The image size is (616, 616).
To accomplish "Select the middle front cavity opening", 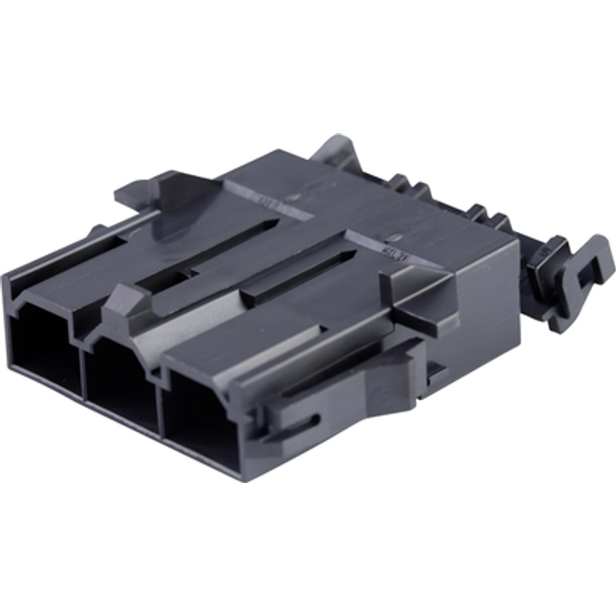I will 122,386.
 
